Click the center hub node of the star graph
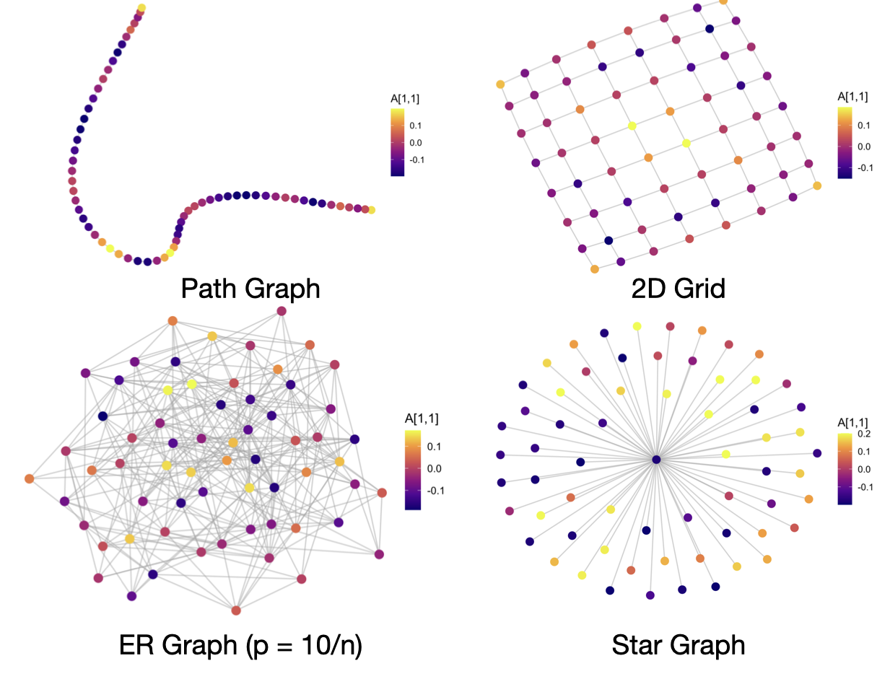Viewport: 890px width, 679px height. coord(656,460)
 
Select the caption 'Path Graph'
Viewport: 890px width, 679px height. coord(250,289)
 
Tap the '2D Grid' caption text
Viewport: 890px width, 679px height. coord(679,289)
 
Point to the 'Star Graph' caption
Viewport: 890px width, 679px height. coord(678,644)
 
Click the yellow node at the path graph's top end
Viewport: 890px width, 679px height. coord(141,9)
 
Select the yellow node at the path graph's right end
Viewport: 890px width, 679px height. coord(371,211)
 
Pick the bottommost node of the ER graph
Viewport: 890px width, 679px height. coord(236,610)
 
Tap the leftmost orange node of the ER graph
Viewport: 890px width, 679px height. coord(29,478)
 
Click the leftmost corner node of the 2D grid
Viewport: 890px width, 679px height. coord(500,85)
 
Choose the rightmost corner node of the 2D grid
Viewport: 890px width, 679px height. coord(817,186)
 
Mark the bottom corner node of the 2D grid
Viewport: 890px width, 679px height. coord(595,269)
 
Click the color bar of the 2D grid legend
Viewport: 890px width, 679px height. coord(844,142)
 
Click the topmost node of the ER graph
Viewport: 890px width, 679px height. coord(282,311)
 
